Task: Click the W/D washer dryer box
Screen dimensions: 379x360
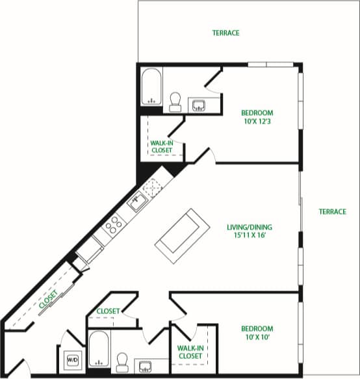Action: point(71,359)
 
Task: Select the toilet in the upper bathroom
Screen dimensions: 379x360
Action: point(175,101)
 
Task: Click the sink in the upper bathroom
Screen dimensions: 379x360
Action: point(198,104)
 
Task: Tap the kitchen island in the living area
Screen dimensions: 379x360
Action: point(183,233)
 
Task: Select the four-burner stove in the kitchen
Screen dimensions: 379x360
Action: point(114,224)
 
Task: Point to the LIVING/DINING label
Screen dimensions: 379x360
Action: point(250,227)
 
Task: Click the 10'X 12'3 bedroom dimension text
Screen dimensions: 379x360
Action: point(257,121)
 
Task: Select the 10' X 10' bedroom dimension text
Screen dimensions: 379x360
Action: point(257,337)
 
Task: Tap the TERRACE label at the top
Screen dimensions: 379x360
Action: point(225,33)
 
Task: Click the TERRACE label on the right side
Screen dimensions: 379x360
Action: point(332,211)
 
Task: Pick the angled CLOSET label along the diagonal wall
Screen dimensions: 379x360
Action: point(47,299)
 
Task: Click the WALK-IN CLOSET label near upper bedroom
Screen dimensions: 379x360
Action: point(162,146)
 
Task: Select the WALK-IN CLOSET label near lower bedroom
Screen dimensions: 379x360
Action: point(189,352)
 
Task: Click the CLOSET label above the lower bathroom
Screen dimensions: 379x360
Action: point(108,311)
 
